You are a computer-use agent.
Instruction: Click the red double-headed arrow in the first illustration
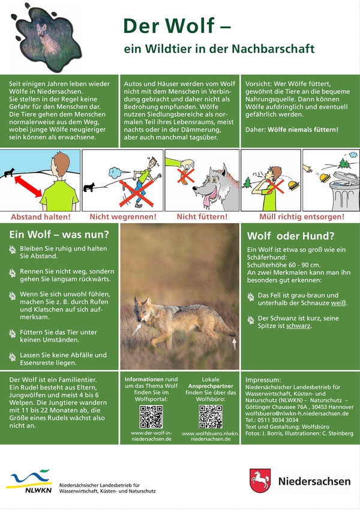(x=28, y=187)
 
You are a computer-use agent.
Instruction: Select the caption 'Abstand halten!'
(x=41, y=217)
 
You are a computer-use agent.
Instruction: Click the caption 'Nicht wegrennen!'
(x=123, y=217)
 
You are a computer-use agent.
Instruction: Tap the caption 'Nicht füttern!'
(x=202, y=217)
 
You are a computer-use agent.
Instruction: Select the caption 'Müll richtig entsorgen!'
(x=301, y=217)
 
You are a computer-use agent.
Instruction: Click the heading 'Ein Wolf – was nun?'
(x=59, y=235)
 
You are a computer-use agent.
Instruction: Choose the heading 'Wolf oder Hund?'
(x=290, y=236)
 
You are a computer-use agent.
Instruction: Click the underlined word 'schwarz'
(x=298, y=326)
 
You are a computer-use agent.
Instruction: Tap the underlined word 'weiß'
(x=338, y=303)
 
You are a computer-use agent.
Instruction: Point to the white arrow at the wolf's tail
(x=234, y=344)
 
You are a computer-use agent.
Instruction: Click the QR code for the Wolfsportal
(x=151, y=416)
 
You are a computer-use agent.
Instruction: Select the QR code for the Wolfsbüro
(x=211, y=416)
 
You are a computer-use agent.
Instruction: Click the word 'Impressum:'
(x=263, y=380)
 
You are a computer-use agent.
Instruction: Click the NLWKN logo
(x=29, y=481)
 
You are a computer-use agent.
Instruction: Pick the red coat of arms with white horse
(x=260, y=481)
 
